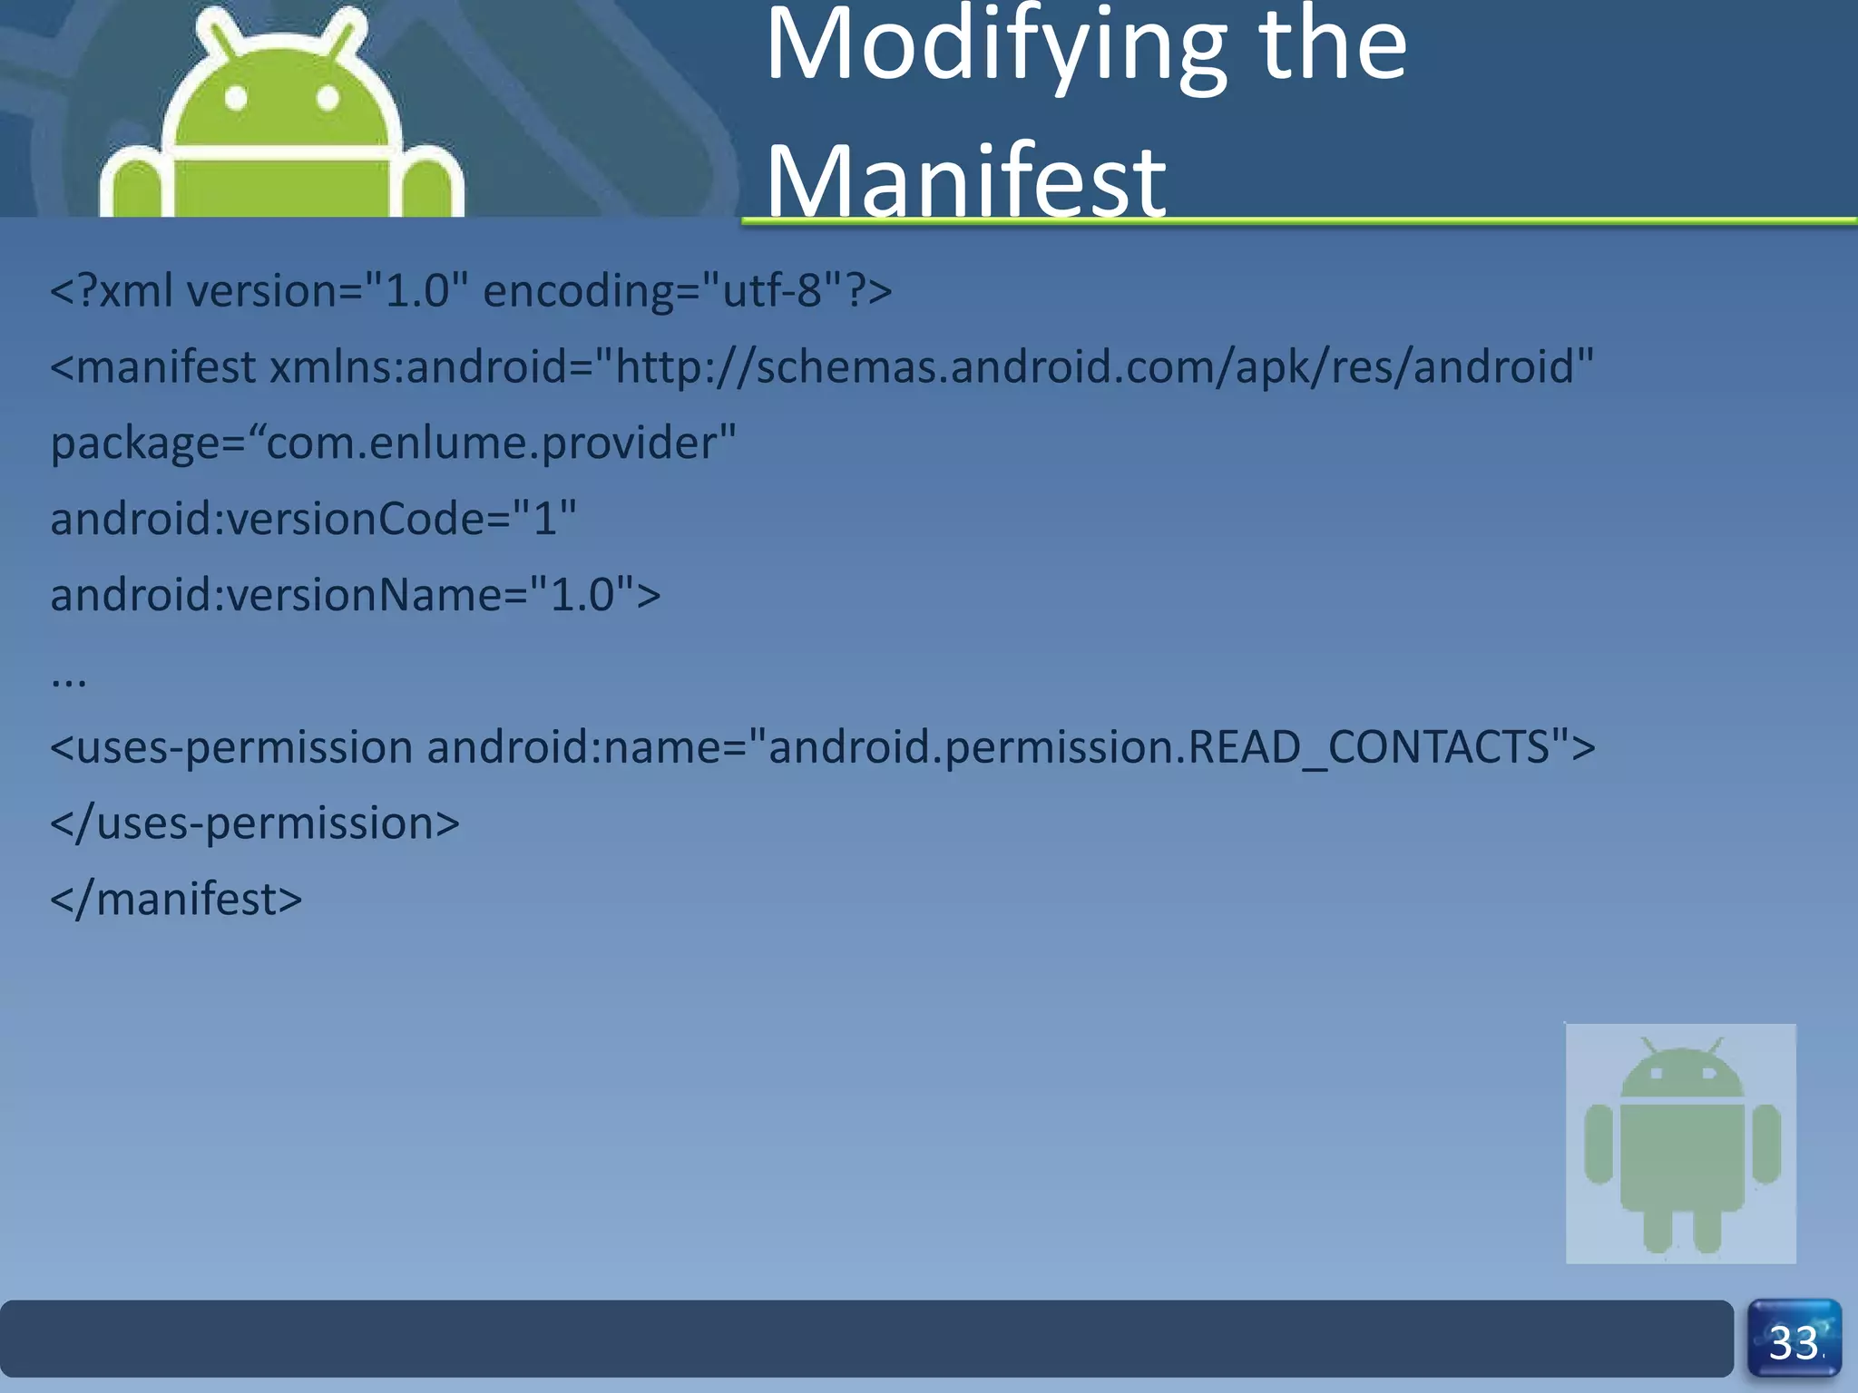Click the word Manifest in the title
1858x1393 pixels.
965,181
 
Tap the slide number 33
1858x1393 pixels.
1794,1342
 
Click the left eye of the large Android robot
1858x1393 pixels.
236,98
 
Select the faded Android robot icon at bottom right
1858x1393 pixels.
1681,1143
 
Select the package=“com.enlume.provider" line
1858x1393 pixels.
393,443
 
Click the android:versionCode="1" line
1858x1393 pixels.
313,520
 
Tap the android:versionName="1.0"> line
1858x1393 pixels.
355,596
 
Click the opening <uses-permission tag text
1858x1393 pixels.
231,747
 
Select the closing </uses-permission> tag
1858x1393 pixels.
255,823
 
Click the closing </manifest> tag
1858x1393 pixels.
176,900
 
